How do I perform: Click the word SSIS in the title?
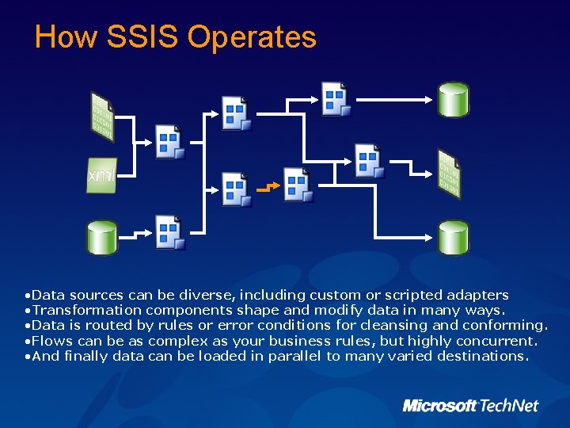[x=143, y=37]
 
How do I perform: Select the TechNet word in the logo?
[x=509, y=406]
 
